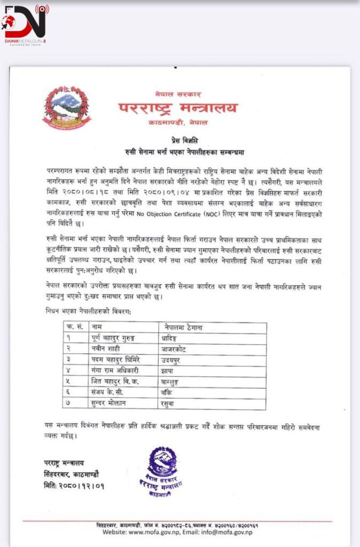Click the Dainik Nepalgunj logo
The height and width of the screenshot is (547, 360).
pyautogui.click(x=26, y=25)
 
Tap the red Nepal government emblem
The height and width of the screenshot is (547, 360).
pyautogui.click(x=66, y=107)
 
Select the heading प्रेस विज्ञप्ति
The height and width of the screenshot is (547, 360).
pyautogui.click(x=180, y=140)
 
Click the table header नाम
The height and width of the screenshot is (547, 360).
pyautogui.click(x=98, y=327)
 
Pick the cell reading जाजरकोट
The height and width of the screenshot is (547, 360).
pyautogui.click(x=174, y=349)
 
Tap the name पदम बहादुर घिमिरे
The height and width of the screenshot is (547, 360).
pyautogui.click(x=119, y=360)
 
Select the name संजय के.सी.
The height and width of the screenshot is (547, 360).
pyautogui.click(x=110, y=393)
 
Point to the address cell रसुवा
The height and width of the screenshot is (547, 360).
pyautogui.click(x=169, y=403)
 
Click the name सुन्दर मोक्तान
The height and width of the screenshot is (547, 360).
pyautogui.click(x=114, y=403)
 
